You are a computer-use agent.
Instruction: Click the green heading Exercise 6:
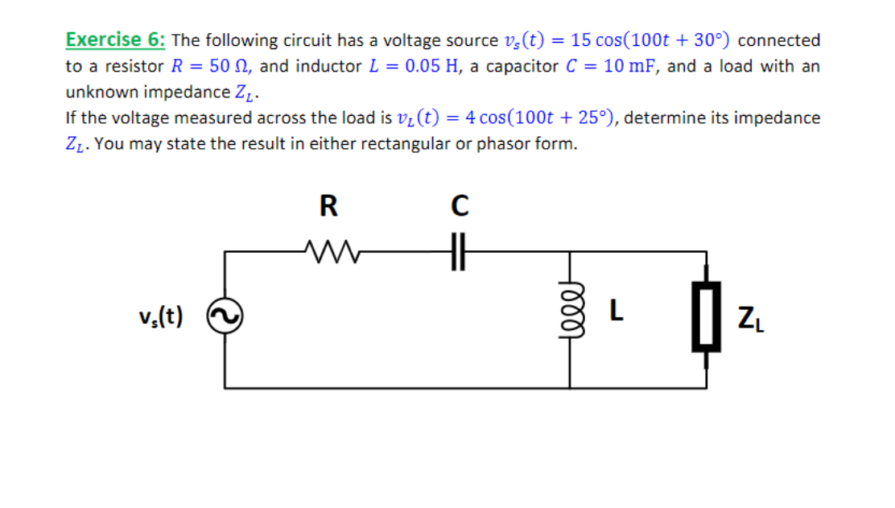tap(116, 39)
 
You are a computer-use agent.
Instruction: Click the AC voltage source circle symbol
tap(224, 319)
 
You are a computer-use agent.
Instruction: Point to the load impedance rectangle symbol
tap(706, 319)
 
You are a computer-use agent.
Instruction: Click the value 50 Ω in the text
tap(228, 66)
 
